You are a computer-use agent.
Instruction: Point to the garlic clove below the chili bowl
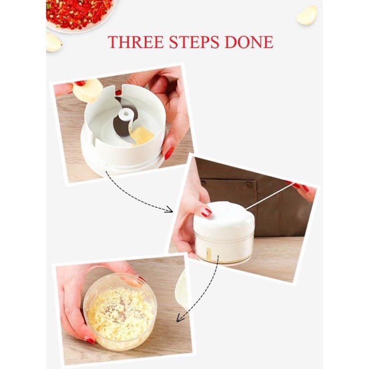pos(53,42)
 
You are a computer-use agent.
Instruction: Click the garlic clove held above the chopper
pos(87,90)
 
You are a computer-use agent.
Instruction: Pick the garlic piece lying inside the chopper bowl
pos(142,136)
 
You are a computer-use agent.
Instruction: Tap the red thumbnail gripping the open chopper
pos(169,153)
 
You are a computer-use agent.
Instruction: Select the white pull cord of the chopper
pos(269,196)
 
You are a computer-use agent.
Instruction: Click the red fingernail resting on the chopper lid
pos(206,212)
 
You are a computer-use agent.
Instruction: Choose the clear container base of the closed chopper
pos(224,248)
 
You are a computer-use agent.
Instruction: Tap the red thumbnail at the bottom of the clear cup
pos(90,340)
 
